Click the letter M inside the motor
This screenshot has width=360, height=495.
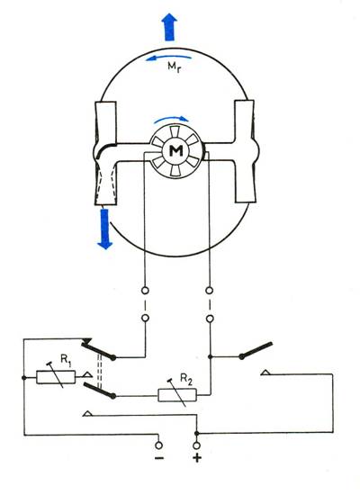(175, 151)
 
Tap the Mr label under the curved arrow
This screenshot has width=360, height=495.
(174, 67)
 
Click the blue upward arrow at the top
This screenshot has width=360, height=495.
(169, 27)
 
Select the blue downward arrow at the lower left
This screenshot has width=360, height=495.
(104, 229)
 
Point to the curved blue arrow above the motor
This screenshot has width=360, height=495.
(170, 118)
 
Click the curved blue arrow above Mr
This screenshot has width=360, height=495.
(168, 58)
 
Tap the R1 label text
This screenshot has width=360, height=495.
(66, 362)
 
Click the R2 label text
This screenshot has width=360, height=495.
(185, 379)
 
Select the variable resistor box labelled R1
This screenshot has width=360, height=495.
(56, 377)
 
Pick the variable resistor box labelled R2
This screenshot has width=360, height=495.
(177, 395)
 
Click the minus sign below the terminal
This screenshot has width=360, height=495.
(159, 457)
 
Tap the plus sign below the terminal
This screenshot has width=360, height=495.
(197, 457)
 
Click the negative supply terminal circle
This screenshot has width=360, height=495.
(159, 445)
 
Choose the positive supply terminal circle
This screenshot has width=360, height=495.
(197, 445)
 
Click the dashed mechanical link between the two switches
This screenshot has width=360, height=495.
(100, 369)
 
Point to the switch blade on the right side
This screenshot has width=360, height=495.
(256, 350)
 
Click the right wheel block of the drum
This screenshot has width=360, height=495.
(245, 151)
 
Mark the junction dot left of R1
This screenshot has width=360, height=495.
(23, 378)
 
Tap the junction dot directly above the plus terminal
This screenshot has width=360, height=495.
(197, 433)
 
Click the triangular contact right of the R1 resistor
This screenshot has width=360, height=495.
(87, 374)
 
